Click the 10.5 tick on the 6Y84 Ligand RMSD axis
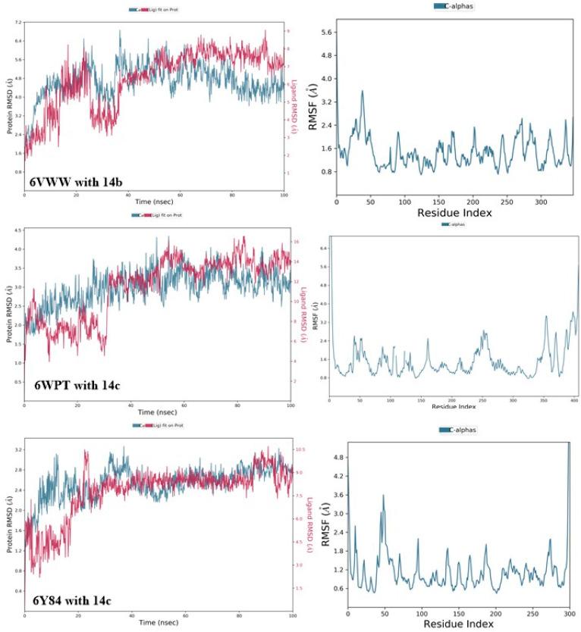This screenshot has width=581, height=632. (299, 449)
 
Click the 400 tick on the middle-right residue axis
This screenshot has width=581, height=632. (573, 401)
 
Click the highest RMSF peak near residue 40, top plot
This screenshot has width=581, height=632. (363, 92)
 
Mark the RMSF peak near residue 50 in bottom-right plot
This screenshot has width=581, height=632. (384, 496)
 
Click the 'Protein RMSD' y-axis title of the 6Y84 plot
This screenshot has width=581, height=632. (8, 524)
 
